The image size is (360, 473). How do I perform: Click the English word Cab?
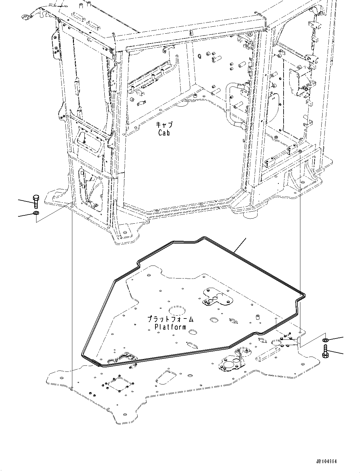point(164,133)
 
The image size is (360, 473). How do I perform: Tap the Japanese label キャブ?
point(164,125)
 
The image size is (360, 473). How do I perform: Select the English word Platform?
point(170,327)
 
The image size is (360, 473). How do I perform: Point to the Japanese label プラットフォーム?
point(170,319)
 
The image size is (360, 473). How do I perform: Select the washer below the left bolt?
point(36,213)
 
